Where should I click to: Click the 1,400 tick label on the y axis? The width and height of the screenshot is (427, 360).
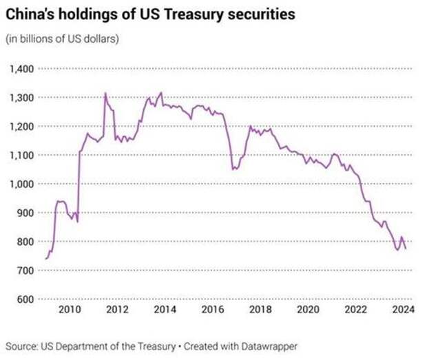coord(21,69)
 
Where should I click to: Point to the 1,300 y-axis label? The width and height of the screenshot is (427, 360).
coord(21,98)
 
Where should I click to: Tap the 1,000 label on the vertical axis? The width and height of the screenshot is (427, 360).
coord(21,184)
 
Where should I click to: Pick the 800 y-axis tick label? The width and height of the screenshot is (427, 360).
coord(25,242)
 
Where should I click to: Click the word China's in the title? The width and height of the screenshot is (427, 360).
coord(28,14)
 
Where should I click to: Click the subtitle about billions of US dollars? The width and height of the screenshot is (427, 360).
coord(62,39)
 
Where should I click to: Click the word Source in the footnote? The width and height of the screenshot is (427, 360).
coord(21,345)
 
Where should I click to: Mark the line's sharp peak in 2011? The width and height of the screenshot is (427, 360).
coord(105,93)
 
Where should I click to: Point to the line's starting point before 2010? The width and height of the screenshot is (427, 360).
coord(45,259)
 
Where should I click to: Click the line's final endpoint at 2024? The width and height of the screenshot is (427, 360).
coord(406,248)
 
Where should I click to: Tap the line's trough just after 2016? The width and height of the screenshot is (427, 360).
coord(233,169)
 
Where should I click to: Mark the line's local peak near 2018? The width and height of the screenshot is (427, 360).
coord(250,126)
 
